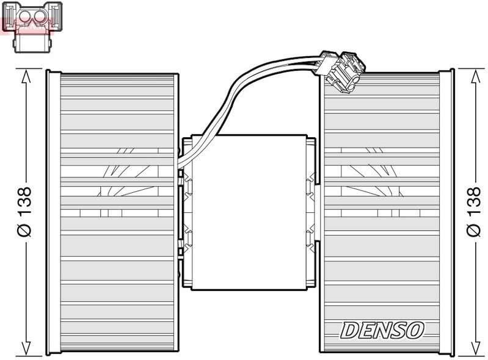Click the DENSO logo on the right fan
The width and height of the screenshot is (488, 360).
click(x=382, y=330)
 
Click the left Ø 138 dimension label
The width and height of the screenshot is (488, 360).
click(x=25, y=212)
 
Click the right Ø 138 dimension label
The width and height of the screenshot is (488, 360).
click(x=474, y=212)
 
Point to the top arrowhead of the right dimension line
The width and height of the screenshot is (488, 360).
click(x=476, y=76)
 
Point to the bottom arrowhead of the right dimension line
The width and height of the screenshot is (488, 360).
click(x=476, y=348)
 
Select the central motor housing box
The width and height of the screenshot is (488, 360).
click(x=249, y=212)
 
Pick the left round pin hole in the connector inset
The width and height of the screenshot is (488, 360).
click(x=24, y=16)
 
